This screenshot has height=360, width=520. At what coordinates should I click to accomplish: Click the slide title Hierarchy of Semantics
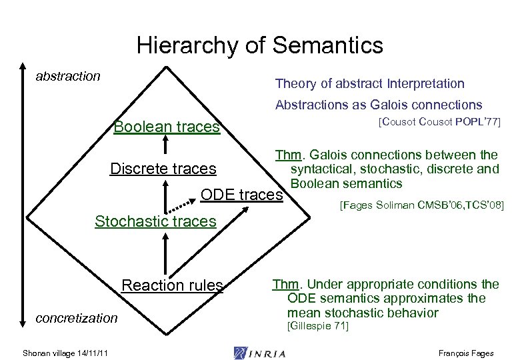(260, 45)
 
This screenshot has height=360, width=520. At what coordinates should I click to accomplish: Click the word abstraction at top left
(68, 76)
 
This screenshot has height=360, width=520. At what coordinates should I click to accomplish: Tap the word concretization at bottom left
(76, 318)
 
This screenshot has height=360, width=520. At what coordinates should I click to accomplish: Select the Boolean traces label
(167, 127)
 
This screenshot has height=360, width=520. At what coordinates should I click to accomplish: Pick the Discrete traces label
(163, 169)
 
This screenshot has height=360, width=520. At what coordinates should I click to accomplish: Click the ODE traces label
(241, 195)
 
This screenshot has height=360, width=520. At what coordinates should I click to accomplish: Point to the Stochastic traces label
(155, 221)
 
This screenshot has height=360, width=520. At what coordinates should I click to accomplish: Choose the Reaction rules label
(172, 285)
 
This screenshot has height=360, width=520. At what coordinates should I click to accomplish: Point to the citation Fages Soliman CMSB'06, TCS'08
(421, 207)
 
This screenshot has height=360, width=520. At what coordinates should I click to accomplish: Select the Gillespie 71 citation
(317, 326)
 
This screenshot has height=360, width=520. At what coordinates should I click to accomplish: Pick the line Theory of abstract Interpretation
(369, 83)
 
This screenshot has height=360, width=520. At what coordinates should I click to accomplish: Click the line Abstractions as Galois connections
(378, 105)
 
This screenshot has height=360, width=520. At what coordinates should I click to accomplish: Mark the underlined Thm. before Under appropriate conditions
(285, 284)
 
